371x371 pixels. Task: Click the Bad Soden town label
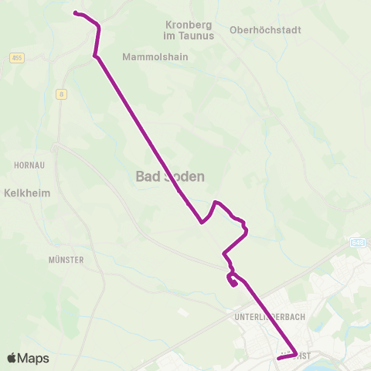(x=170, y=177)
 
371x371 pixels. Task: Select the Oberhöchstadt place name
(x=265, y=30)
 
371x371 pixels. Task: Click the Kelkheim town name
(x=27, y=192)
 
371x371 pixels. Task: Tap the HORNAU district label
(x=29, y=165)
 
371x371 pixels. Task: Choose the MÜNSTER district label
(x=66, y=260)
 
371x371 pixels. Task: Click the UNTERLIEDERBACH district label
(x=265, y=317)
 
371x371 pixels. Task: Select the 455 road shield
(x=17, y=58)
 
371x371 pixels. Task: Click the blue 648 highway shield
(x=356, y=243)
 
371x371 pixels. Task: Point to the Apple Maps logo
(x=28, y=358)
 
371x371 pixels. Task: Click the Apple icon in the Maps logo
(x=12, y=358)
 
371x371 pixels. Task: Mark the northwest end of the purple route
(x=75, y=12)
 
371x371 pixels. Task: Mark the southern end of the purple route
(x=278, y=359)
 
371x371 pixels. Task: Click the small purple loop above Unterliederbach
(x=232, y=281)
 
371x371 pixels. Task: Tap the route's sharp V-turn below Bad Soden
(x=202, y=223)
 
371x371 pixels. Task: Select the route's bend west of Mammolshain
(x=94, y=56)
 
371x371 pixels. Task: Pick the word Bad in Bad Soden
(x=147, y=177)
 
